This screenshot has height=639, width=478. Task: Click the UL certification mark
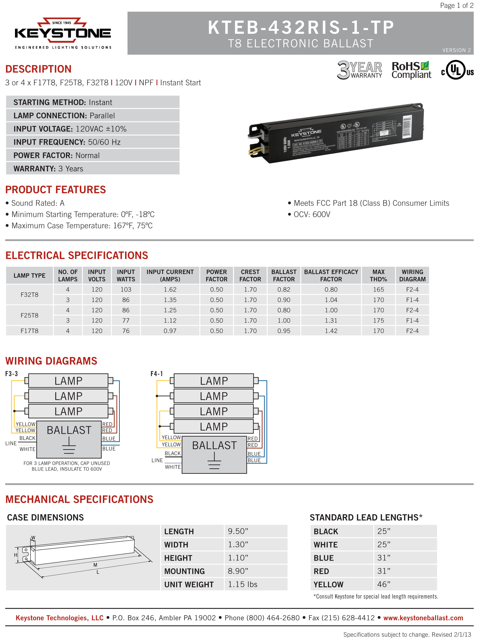[457, 70]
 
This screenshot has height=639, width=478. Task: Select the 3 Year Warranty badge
[359, 70]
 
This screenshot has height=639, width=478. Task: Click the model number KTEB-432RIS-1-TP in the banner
[301, 27]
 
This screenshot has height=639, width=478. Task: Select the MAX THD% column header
[378, 275]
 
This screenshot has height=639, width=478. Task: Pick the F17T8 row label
[30, 331]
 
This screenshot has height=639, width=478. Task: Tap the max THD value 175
[378, 320]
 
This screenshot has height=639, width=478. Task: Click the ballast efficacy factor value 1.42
[331, 331]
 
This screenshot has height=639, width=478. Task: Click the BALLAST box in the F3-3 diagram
[69, 439]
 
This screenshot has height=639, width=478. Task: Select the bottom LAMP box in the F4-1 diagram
[214, 426]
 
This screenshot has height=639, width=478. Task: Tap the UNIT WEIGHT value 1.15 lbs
[243, 584]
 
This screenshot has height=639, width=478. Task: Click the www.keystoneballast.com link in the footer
[423, 618]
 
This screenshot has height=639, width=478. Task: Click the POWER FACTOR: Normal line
[57, 155]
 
